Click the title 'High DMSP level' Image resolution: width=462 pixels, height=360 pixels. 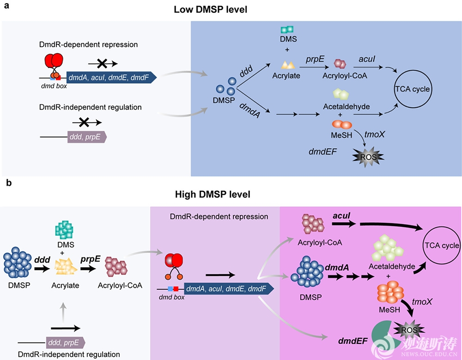[x=213, y=195]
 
